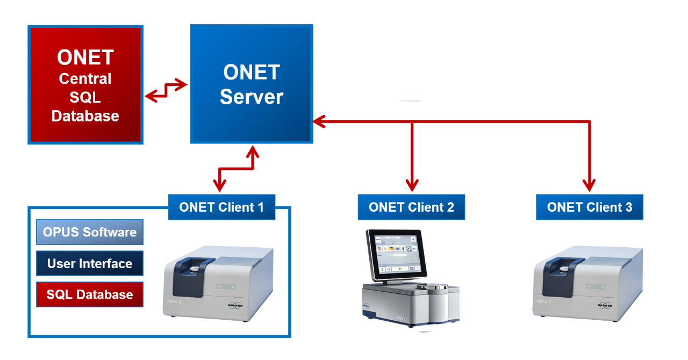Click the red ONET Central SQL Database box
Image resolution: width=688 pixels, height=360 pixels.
click(85, 85)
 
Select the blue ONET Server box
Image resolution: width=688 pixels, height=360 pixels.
click(251, 84)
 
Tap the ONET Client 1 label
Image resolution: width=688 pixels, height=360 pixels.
click(221, 207)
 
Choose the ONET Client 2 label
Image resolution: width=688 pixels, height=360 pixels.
click(411, 207)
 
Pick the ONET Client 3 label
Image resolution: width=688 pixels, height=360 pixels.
click(590, 207)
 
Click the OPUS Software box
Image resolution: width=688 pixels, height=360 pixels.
click(90, 233)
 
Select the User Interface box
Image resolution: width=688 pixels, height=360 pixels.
click(90, 264)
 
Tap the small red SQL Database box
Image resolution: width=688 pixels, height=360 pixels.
click(90, 294)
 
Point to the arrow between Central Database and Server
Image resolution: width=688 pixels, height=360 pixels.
click(166, 90)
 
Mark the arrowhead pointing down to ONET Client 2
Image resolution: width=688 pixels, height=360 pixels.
click(412, 186)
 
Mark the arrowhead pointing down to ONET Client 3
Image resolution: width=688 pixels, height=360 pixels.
click(590, 186)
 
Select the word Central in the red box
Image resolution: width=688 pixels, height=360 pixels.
click(85, 79)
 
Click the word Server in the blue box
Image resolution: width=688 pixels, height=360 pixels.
click(251, 97)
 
